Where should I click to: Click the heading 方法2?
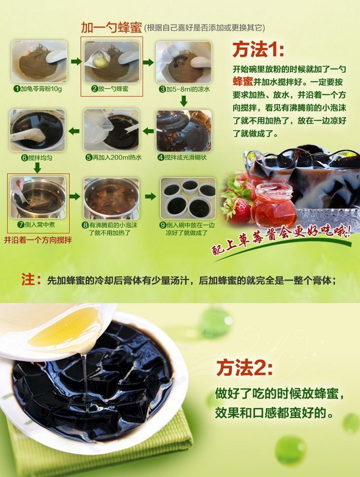[x=244, y=368]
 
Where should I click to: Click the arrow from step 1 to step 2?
[x=75, y=62]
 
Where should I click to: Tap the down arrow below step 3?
[x=183, y=101]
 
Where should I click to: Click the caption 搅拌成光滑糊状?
[x=184, y=157]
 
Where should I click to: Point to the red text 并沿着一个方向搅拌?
[x=38, y=241]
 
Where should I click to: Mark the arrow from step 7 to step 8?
[x=75, y=196]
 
